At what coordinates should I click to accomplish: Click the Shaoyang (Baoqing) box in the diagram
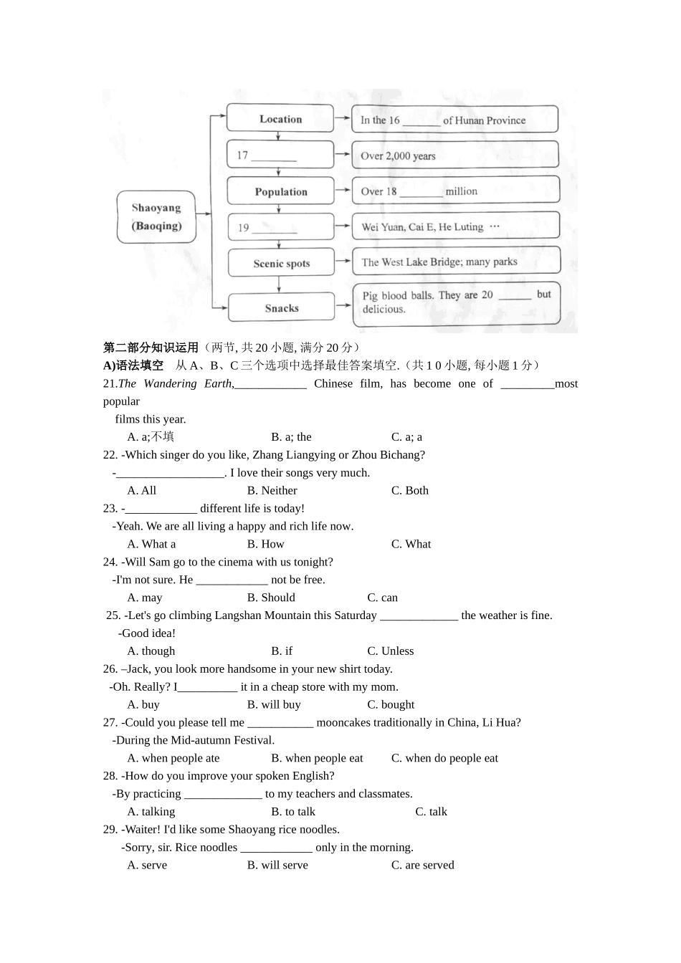click(156, 217)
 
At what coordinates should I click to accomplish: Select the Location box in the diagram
click(280, 119)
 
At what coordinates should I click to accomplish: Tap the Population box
click(280, 191)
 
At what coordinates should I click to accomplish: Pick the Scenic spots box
click(281, 263)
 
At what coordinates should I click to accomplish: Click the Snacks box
click(281, 308)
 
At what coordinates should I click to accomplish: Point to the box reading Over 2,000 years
click(454, 155)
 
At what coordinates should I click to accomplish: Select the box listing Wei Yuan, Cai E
click(455, 226)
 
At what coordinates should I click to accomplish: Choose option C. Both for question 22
click(409, 491)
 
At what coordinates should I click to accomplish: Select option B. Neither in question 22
click(272, 491)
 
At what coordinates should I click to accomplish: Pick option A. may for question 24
click(145, 598)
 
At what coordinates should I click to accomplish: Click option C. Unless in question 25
click(390, 651)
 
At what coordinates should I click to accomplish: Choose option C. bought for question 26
click(391, 705)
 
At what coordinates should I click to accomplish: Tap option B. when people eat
click(317, 758)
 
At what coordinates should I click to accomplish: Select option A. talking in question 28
click(151, 812)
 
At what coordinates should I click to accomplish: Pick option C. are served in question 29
click(422, 866)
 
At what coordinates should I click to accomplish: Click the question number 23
click(110, 509)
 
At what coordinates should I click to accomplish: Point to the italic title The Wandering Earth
click(176, 384)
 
